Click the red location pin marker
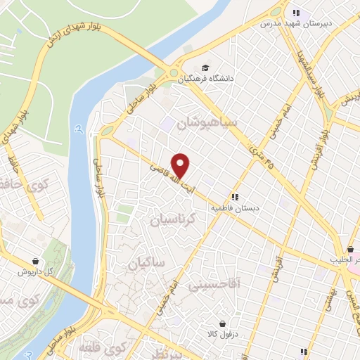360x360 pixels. click(x=181, y=165)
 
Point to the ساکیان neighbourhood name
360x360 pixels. click(x=146, y=263)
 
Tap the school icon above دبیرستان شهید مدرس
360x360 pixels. click(x=296, y=13)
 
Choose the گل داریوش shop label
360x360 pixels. click(x=36, y=271)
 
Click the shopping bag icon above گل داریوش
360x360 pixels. click(x=35, y=260)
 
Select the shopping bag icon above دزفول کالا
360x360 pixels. click(x=223, y=323)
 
